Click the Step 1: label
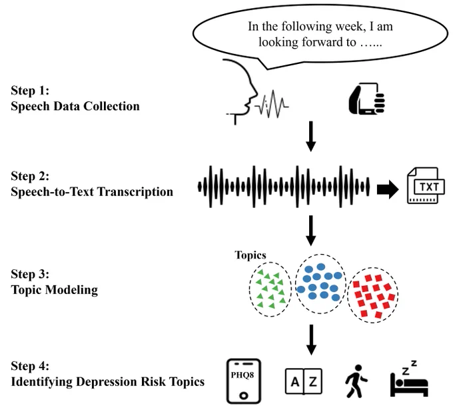(30, 91)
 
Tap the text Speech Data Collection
(75, 106)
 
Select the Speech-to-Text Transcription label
(92, 192)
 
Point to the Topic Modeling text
(55, 290)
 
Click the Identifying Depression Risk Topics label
(108, 381)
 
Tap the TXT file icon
(426, 185)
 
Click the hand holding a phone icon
(367, 99)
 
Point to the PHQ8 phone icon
(244, 381)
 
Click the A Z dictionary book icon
(304, 381)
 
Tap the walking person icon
(356, 381)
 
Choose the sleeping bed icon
(409, 379)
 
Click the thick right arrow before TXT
(388, 190)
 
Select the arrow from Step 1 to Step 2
(311, 137)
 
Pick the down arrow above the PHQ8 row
(311, 340)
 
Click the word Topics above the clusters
(250, 255)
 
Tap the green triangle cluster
(270, 289)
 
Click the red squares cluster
(372, 295)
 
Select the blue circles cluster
(320, 284)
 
